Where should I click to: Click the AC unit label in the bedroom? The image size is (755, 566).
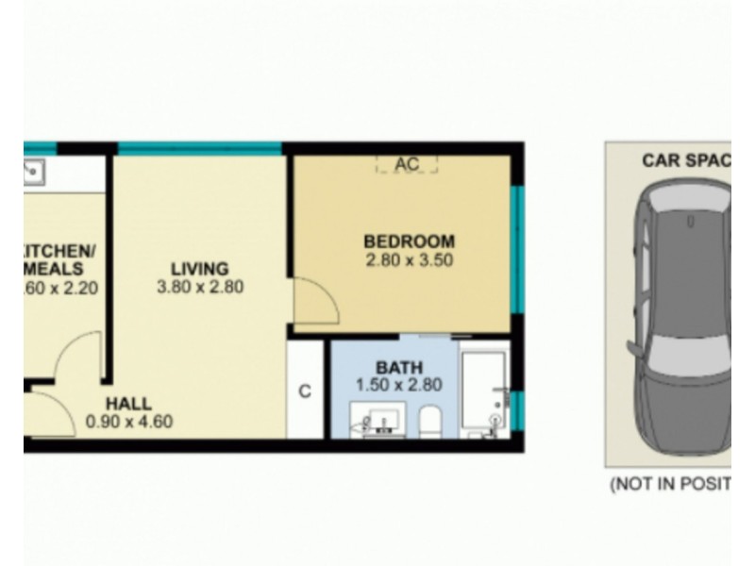(x=407, y=164)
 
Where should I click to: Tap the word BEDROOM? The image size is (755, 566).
(x=409, y=241)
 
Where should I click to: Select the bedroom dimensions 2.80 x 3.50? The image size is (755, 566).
(x=409, y=258)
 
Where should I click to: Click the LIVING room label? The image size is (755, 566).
(x=199, y=269)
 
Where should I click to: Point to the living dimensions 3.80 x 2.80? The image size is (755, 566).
(x=200, y=286)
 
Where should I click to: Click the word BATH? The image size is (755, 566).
(x=399, y=367)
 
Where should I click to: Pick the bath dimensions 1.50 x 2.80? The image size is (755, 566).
(x=399, y=384)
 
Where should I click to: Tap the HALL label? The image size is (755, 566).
(x=129, y=405)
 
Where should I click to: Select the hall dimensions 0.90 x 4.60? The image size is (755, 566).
(x=129, y=422)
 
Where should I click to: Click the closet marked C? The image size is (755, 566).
(x=305, y=391)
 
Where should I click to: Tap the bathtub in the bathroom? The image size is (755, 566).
(x=485, y=389)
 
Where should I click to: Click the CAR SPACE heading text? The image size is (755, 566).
(x=685, y=160)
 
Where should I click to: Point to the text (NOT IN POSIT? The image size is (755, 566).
(x=670, y=485)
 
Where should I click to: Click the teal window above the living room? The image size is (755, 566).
(x=199, y=148)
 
